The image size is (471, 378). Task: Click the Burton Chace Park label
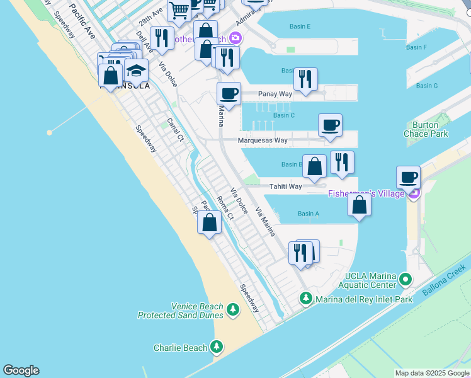[x=426, y=129]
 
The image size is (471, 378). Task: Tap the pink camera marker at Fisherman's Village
[x=414, y=194]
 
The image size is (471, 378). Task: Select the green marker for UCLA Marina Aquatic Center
[x=407, y=278]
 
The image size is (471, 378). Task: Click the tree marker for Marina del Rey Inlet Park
[x=306, y=298]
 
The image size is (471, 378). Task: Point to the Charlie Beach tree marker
[x=217, y=347]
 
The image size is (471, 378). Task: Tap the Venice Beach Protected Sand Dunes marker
[x=233, y=310]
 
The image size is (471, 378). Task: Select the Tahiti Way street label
[x=286, y=186]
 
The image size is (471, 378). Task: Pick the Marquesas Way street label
[x=263, y=140]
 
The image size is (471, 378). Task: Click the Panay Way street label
[x=276, y=94]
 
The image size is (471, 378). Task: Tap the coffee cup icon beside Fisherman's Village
[x=408, y=178]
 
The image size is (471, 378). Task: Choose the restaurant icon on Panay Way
[x=305, y=79]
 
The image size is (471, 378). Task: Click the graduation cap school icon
[x=136, y=70]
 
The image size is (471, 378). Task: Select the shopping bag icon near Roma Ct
[x=210, y=222]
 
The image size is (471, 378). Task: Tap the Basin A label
[x=308, y=214]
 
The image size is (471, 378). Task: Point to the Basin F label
[x=416, y=47]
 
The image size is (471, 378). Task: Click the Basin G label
[x=427, y=86]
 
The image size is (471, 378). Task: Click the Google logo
[x=21, y=370]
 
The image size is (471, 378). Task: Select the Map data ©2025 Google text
[x=432, y=374]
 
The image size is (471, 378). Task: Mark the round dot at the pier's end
[x=50, y=132]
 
